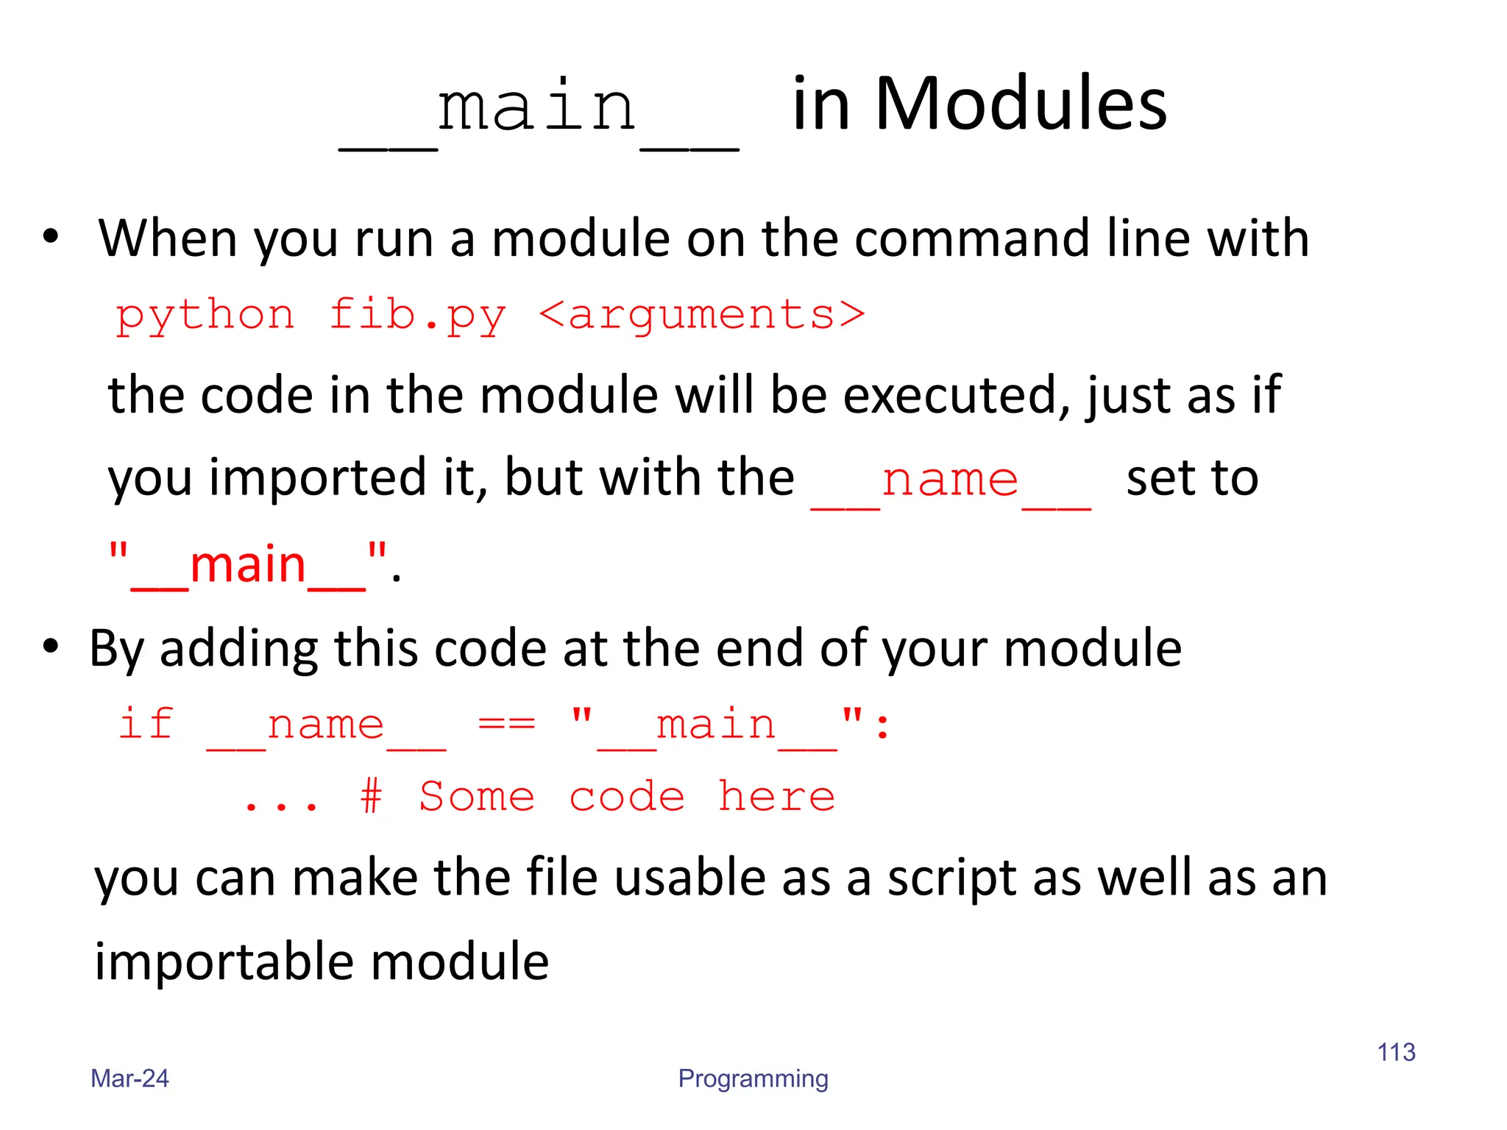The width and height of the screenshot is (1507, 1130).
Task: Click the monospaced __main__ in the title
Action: click(x=538, y=110)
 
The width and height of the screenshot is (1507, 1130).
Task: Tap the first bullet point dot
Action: click(x=50, y=237)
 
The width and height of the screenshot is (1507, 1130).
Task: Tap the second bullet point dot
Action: click(x=50, y=647)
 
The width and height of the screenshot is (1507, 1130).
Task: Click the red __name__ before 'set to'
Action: click(x=950, y=480)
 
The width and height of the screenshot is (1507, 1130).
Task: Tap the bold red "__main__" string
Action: click(x=247, y=565)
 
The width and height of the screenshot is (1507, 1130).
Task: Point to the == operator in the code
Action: click(x=507, y=724)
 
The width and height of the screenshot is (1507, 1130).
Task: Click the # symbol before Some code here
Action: click(x=372, y=797)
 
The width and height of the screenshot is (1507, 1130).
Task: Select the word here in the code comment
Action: click(x=776, y=797)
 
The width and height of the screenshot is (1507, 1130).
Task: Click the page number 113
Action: click(x=1396, y=1052)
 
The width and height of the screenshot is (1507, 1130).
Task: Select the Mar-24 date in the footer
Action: click(x=130, y=1079)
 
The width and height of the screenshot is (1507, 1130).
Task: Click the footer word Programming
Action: click(x=753, y=1079)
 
